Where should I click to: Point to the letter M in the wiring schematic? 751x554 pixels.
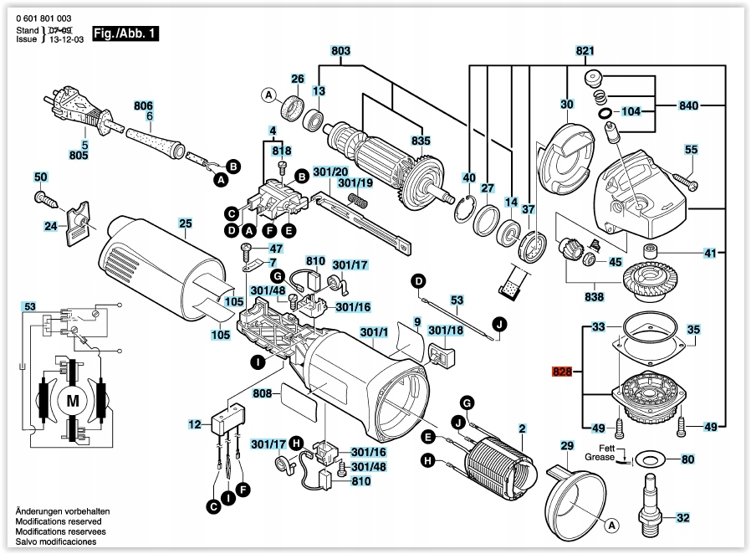click(72, 401)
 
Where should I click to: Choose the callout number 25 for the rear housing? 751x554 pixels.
click(185, 223)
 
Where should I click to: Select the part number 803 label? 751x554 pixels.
click(340, 51)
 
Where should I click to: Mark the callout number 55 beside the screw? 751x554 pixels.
click(690, 150)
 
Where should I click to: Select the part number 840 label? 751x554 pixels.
click(688, 106)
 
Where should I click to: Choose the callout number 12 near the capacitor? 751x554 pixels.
click(195, 425)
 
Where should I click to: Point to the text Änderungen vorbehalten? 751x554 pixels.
click(64, 510)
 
